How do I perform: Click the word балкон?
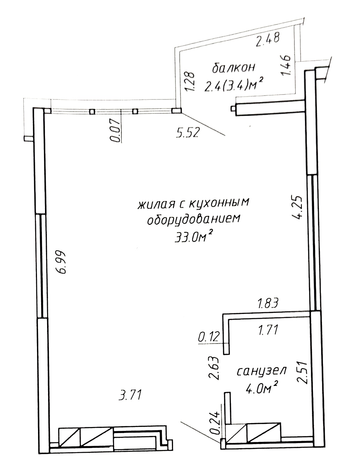[x=234, y=68]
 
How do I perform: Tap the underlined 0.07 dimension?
[x=115, y=130]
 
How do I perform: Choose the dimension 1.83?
[x=268, y=303]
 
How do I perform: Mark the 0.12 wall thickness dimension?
[x=209, y=337]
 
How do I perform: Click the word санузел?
[x=262, y=371]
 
